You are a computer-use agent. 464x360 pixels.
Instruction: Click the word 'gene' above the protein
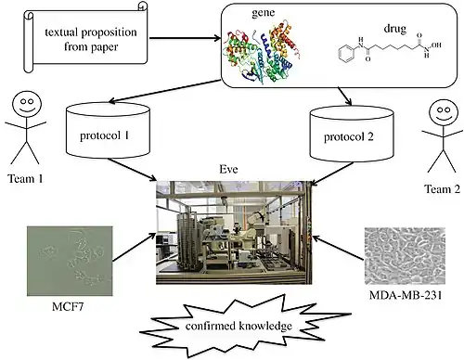[x=263, y=13]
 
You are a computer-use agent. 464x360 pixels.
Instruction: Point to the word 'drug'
[x=395, y=29]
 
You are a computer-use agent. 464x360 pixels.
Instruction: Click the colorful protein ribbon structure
[x=262, y=53]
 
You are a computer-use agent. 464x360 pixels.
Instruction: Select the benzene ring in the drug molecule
[x=345, y=54]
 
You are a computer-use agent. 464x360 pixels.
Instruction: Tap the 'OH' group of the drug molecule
[x=436, y=45]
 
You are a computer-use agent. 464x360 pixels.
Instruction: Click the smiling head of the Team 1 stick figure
[x=27, y=104]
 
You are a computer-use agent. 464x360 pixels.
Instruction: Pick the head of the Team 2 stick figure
[x=444, y=113]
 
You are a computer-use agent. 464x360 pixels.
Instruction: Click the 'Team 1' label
[x=25, y=179]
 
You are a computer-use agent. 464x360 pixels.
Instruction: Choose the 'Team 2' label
[x=442, y=189]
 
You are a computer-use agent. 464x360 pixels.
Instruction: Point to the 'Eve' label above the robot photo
[x=228, y=169]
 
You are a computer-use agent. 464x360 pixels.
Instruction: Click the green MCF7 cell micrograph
[x=70, y=261]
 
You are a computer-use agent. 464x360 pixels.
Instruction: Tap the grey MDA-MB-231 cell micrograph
[x=405, y=256]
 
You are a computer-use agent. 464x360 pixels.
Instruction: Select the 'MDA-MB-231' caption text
[x=406, y=295]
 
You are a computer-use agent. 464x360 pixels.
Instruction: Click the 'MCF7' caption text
[x=68, y=307]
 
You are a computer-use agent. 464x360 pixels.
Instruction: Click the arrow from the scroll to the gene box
[x=186, y=38]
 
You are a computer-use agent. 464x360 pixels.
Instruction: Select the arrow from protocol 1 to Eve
[x=132, y=170]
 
